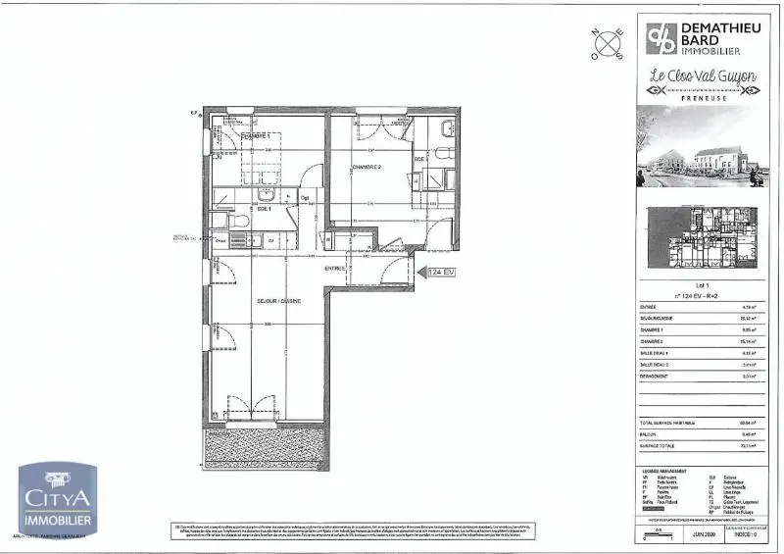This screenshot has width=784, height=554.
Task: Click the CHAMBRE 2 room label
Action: (x=366, y=167)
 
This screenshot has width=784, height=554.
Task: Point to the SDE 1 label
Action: (x=264, y=209)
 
